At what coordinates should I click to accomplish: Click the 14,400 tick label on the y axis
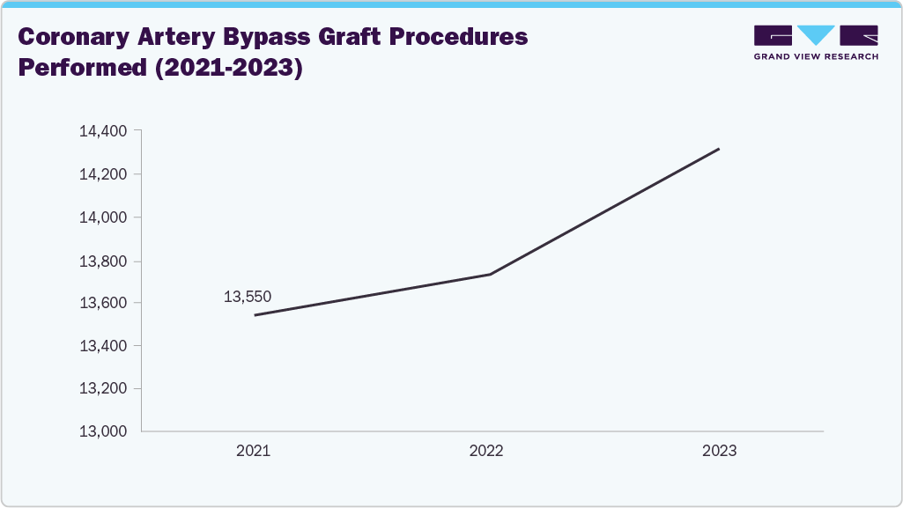coord(103,131)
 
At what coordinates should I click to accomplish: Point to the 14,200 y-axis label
coord(103,174)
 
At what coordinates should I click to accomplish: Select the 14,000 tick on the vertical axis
coord(103,217)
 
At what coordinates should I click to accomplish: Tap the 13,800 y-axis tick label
coord(103,261)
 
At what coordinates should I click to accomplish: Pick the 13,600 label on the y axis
coord(103,303)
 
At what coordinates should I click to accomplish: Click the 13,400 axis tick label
coord(103,346)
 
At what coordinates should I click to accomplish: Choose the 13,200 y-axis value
coord(103,389)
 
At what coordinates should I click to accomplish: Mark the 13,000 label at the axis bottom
coord(103,432)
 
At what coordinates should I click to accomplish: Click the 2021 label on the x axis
coord(253,451)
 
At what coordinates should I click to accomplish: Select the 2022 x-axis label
coord(485,451)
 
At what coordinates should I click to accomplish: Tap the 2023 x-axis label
coord(719,451)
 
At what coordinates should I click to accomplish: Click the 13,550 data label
coord(248,298)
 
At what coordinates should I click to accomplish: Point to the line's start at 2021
coord(255,315)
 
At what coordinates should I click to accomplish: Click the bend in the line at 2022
coord(490,274)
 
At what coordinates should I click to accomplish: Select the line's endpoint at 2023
coord(719,149)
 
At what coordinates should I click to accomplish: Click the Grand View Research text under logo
coord(816,56)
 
